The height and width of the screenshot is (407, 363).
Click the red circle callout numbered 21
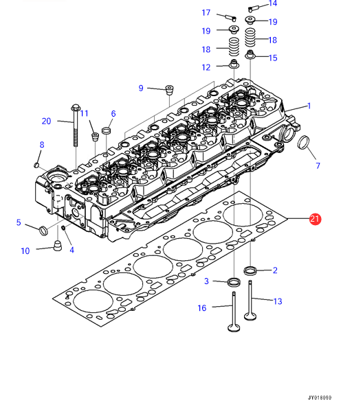(315, 219)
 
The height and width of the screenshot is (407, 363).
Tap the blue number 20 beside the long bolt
(46, 121)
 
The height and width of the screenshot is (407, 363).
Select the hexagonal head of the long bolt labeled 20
(76, 108)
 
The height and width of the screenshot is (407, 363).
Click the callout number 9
(141, 89)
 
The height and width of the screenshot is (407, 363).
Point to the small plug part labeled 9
(169, 90)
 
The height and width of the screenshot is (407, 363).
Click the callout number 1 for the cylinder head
(309, 106)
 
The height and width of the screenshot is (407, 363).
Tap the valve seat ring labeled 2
(250, 270)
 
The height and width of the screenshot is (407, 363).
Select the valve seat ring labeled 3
(234, 282)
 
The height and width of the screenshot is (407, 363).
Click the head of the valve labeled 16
(234, 328)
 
